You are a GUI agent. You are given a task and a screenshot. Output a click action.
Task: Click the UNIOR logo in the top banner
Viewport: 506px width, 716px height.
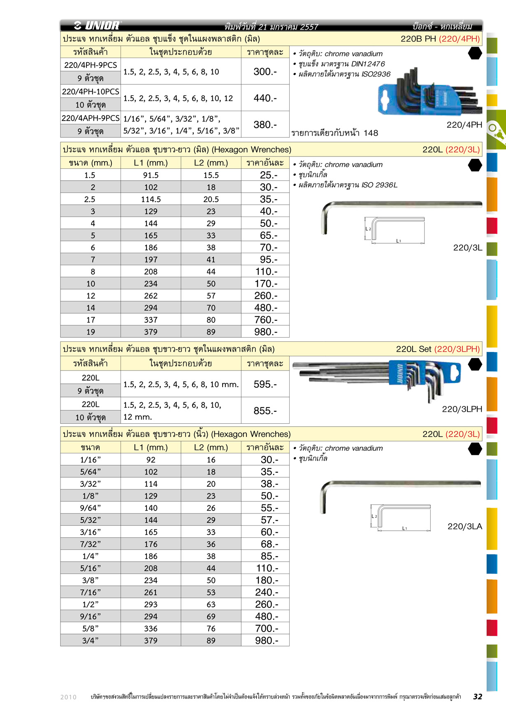[x=97, y=26]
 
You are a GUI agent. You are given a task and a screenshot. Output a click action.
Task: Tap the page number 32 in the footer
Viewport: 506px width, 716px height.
[x=477, y=697]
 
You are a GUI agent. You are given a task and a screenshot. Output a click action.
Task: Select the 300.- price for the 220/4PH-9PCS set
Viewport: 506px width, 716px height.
[x=265, y=72]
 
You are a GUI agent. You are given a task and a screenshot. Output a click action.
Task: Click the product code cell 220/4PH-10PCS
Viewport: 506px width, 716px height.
[x=91, y=91]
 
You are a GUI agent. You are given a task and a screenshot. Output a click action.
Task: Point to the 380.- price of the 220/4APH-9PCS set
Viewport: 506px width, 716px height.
[x=265, y=124]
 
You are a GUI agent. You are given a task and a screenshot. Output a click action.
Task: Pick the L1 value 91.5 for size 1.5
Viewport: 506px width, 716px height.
[x=151, y=175]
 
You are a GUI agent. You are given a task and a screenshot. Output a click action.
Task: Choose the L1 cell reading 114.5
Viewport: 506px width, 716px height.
[x=151, y=199]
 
